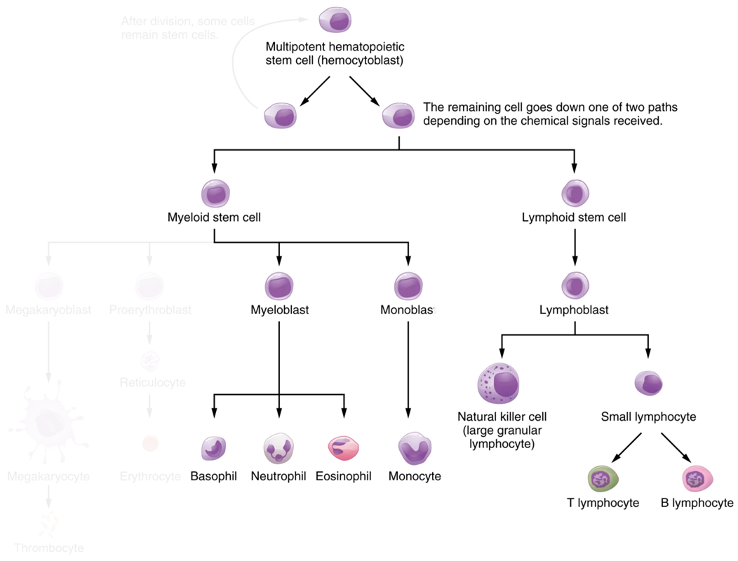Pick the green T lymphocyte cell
click(603, 480)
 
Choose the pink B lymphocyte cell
click(697, 480)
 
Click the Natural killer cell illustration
click(499, 384)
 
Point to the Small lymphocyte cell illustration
click(648, 384)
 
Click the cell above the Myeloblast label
click(279, 286)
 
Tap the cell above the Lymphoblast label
click(575, 285)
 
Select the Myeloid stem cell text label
click(214, 217)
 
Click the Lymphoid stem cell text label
click(574, 217)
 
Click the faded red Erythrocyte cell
click(150, 443)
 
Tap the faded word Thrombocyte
click(48, 548)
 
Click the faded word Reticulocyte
click(152, 383)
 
